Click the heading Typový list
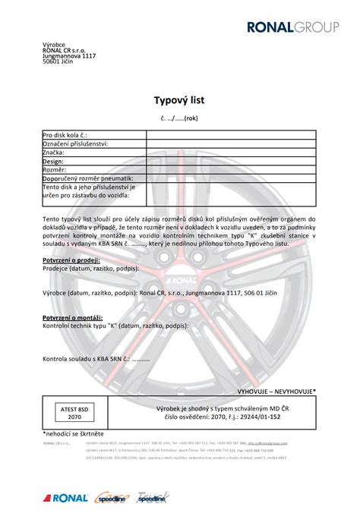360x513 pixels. (x=179, y=99)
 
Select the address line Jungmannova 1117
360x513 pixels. (x=69, y=56)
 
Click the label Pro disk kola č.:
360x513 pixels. (x=71, y=134)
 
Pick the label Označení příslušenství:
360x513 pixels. (x=75, y=143)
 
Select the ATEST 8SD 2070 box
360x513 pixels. (x=74, y=413)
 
